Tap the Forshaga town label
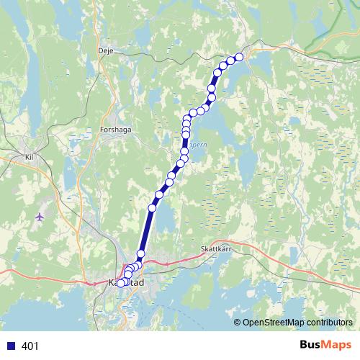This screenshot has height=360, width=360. (114, 131)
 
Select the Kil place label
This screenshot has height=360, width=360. (30, 155)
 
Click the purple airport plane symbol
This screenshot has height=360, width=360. (38, 216)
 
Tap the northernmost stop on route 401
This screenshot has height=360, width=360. (239, 57)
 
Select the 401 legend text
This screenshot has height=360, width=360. (30, 346)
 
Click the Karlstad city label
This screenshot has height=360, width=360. (126, 283)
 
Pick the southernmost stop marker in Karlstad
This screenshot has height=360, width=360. (121, 282)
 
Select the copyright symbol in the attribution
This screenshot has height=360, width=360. (237, 322)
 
